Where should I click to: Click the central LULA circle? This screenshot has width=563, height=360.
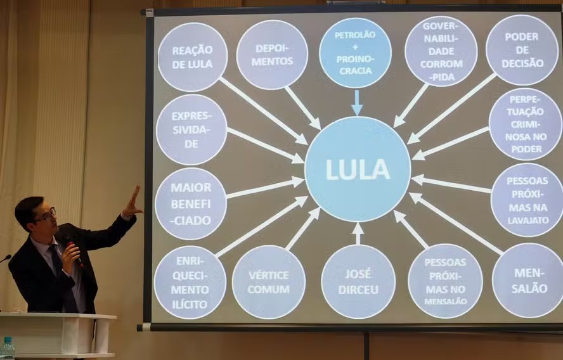click(x=358, y=169)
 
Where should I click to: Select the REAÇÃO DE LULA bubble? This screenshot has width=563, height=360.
click(x=192, y=57)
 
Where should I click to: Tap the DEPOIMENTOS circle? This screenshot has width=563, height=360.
click(x=272, y=55)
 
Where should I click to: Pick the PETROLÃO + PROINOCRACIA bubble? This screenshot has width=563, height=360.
click(x=355, y=53)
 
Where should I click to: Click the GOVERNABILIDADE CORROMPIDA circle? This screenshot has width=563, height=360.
click(x=440, y=51)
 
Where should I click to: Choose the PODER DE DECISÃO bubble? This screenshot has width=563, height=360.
click(x=522, y=50)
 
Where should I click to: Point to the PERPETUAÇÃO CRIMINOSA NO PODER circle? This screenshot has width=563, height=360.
click(x=525, y=124)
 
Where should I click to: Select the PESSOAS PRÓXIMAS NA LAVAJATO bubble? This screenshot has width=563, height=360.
click(x=527, y=200)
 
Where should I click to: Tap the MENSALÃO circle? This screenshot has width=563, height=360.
click(x=527, y=280)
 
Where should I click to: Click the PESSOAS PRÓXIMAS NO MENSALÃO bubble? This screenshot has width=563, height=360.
click(x=444, y=280)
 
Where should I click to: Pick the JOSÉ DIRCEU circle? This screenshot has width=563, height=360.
click(x=358, y=281)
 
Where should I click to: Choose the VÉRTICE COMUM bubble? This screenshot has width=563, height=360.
click(x=269, y=281)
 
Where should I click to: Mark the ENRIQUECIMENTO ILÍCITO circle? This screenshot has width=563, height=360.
click(x=190, y=282)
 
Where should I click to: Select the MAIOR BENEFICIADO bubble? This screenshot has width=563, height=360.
click(x=190, y=203)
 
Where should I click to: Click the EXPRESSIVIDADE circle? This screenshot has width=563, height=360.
click(x=191, y=129)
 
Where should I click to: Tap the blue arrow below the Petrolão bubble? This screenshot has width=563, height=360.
click(x=356, y=103)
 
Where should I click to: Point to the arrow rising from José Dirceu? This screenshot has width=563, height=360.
click(x=358, y=233)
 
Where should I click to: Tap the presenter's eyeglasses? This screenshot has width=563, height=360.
click(x=46, y=216)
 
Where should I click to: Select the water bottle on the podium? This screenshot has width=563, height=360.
click(x=8, y=348)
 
